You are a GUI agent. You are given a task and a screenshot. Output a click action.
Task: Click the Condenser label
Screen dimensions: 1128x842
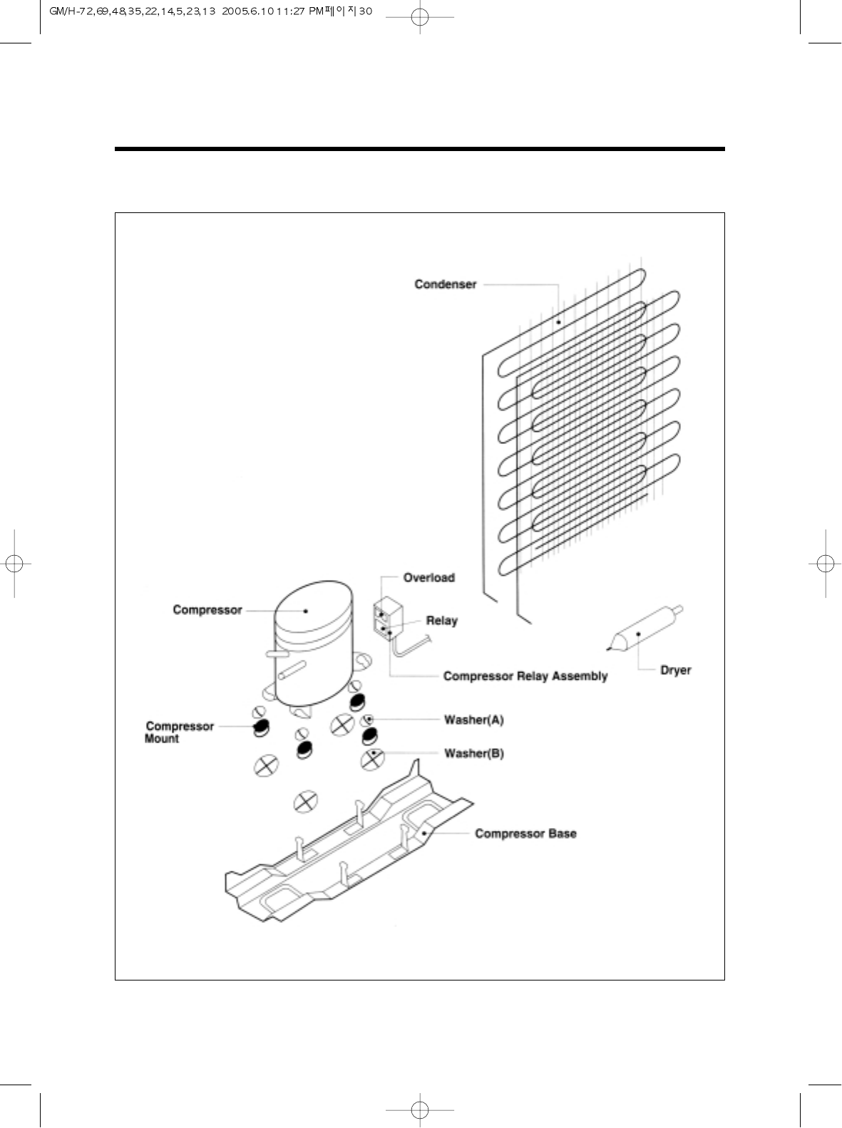coord(445,284)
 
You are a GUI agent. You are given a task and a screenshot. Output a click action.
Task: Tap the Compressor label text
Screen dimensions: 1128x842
coord(207,610)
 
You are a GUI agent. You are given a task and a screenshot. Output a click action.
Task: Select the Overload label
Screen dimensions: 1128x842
coord(428,578)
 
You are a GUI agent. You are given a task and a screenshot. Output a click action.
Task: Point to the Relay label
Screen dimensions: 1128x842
coord(441,621)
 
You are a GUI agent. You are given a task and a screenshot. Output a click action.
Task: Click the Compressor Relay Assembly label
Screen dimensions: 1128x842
coord(525,676)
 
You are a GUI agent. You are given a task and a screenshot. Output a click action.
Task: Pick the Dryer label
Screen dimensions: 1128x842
coord(675,671)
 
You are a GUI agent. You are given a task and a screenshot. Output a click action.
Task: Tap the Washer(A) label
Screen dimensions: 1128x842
coord(473,720)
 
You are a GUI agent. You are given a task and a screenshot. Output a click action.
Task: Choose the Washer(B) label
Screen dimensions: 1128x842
coord(473,753)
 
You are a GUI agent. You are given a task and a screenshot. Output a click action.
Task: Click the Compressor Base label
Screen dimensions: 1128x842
coord(525,834)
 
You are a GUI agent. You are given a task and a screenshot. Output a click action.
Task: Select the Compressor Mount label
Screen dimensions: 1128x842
coord(179,733)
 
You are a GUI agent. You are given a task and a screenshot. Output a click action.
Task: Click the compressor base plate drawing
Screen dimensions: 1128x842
coord(349,855)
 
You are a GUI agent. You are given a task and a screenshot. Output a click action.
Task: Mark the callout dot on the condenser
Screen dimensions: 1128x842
coord(559,323)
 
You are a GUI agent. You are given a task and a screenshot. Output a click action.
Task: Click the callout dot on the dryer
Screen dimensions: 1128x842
coord(638,633)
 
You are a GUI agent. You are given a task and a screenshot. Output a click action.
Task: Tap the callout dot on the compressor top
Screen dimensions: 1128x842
coord(306,611)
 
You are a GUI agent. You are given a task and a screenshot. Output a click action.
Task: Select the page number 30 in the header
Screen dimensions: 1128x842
coord(365,11)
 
